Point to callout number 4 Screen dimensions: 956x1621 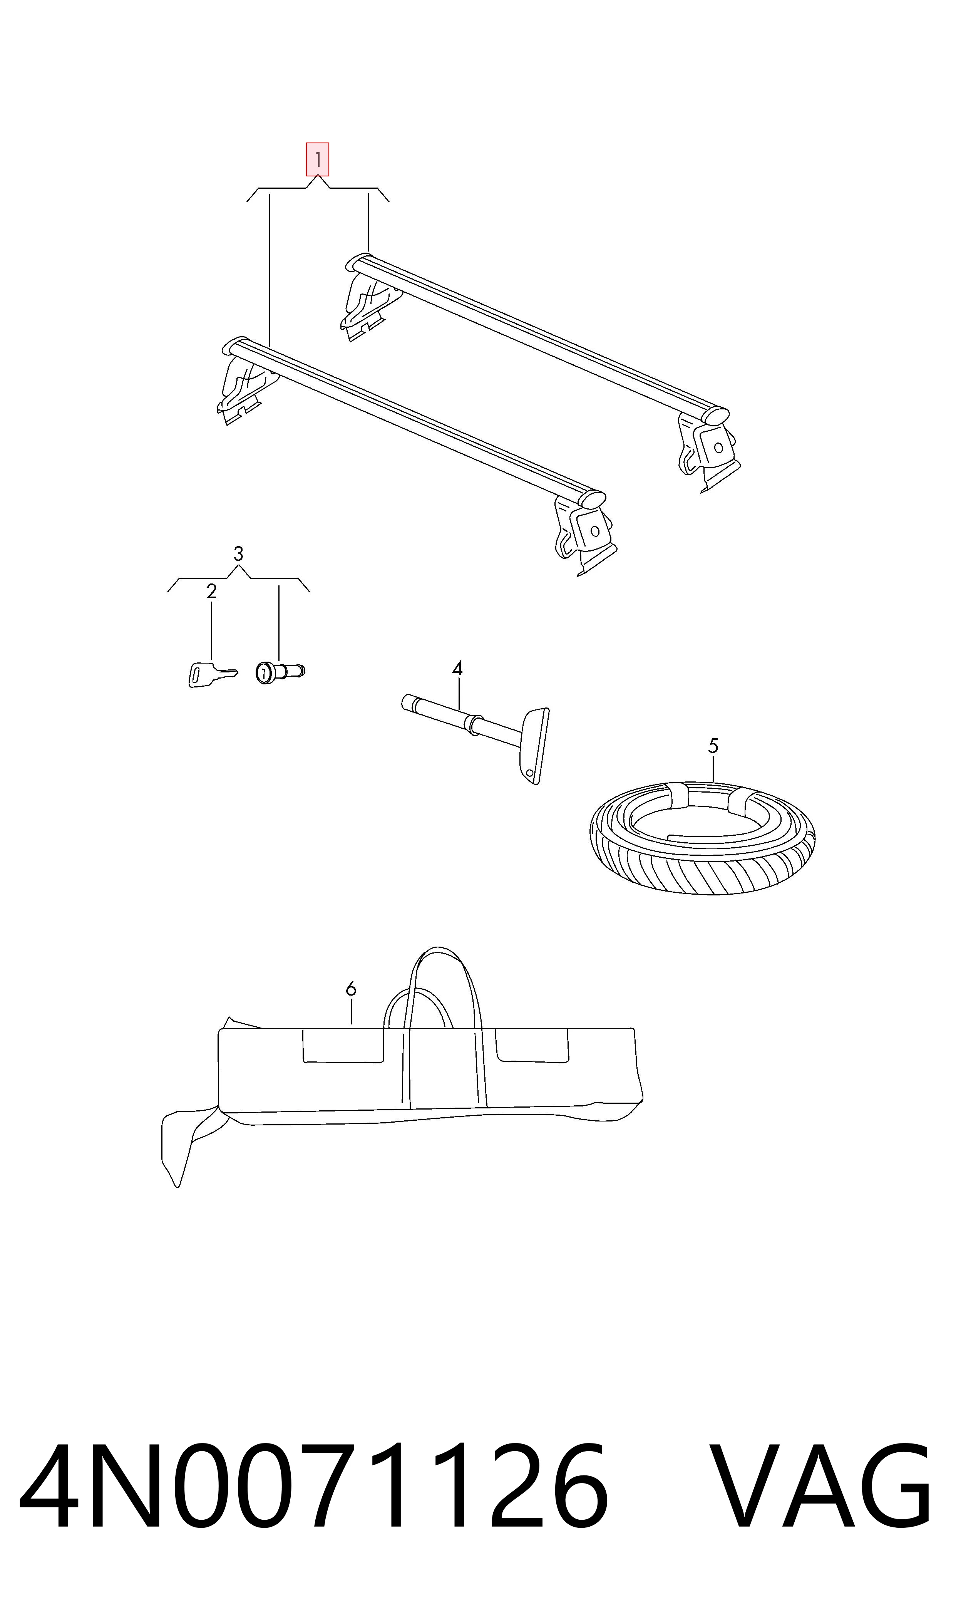(x=457, y=668)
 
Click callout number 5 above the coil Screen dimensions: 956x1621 (x=713, y=746)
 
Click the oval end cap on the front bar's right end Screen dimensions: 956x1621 (x=594, y=499)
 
